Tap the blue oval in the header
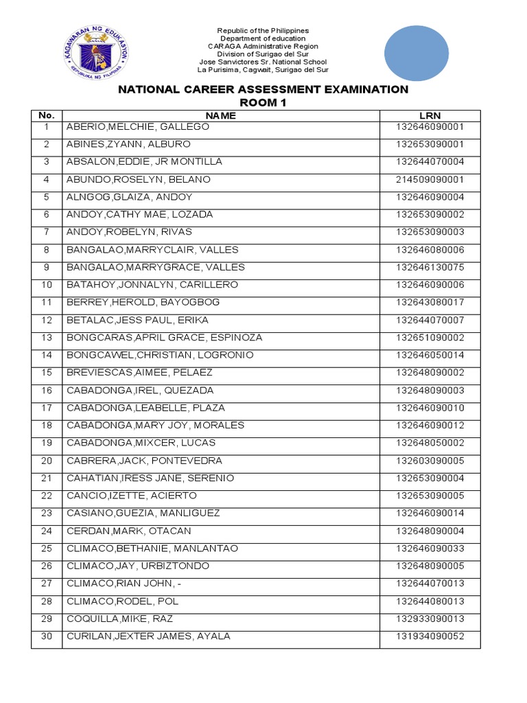click(416, 54)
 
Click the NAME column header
click(220, 115)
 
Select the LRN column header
click(430, 115)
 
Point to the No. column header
click(46, 115)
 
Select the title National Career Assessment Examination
click(263, 89)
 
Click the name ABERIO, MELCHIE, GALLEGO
click(137, 127)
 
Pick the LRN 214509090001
click(430, 179)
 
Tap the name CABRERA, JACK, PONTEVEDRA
click(144, 461)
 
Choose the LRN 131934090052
click(430, 636)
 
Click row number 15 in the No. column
click(46, 373)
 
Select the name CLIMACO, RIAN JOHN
click(124, 584)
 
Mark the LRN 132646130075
click(430, 267)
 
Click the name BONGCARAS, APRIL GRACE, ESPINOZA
click(164, 338)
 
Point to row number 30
click(46, 636)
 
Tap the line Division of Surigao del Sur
click(263, 54)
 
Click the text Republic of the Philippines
click(263, 31)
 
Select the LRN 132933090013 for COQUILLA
click(430, 619)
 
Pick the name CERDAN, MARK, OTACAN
click(128, 531)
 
